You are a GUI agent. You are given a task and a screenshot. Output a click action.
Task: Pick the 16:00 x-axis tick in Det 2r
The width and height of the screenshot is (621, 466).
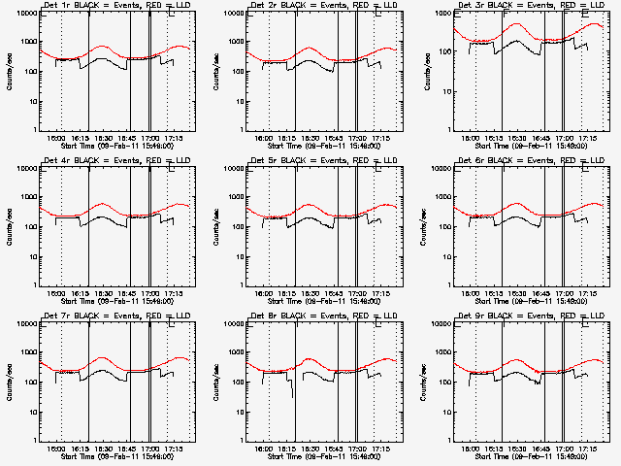pos(264,137)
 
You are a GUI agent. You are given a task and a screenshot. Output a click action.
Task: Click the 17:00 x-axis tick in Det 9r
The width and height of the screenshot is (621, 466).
pos(564,447)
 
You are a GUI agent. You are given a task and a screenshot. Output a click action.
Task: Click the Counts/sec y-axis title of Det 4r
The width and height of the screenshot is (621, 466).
pos(9,225)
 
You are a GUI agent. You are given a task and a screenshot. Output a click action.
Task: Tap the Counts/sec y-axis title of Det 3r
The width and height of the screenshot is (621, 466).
pos(422,71)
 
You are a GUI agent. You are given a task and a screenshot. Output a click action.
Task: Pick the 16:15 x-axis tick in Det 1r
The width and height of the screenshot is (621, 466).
pos(81,137)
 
